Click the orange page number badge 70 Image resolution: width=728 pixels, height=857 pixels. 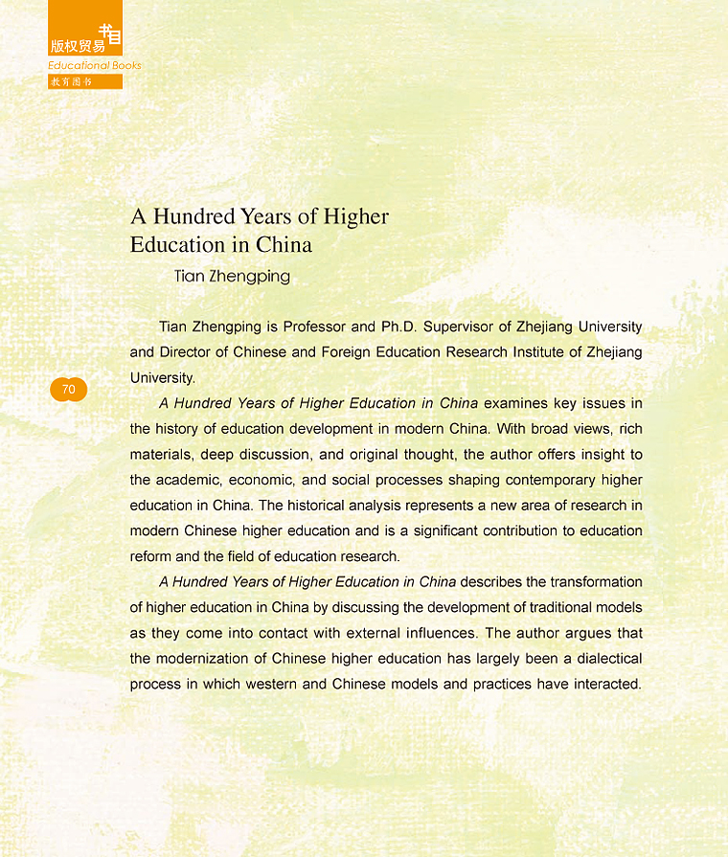point(68,389)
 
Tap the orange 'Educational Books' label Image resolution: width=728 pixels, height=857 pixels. point(95,65)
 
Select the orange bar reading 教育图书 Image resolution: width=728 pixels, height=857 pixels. point(85,81)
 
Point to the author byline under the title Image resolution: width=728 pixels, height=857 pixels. point(232,277)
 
